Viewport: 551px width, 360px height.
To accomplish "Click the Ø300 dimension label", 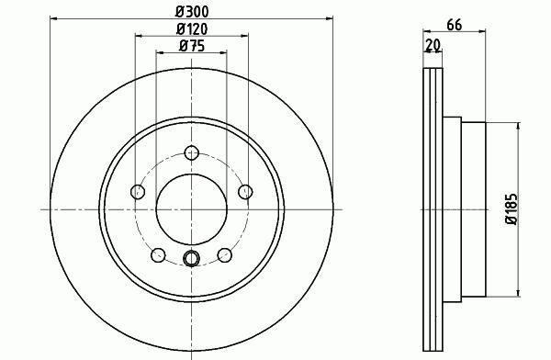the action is [x=192, y=12].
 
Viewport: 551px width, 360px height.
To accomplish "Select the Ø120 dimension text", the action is [x=192, y=28].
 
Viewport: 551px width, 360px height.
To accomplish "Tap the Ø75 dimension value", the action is [x=192, y=46].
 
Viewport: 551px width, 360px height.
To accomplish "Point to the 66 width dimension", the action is [x=454, y=25].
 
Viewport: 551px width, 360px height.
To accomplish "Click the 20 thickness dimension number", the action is [x=433, y=45].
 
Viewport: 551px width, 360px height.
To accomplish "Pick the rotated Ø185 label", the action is [x=512, y=209].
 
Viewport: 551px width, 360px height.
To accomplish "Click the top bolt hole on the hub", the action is [x=192, y=152].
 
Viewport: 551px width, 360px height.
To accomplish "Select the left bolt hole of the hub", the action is [x=138, y=192].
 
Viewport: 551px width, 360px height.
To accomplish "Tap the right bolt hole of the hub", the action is [x=245, y=192].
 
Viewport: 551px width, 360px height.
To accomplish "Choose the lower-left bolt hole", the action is [x=158, y=255].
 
